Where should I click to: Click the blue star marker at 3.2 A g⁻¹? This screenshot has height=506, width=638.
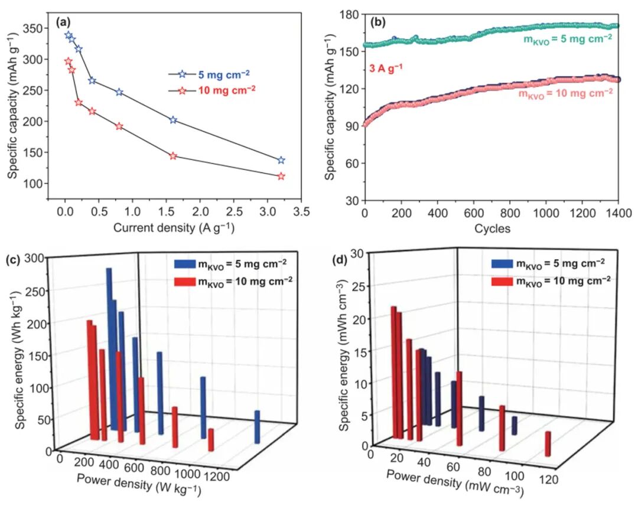[x=281, y=160]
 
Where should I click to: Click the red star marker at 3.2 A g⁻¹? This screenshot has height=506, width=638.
[x=281, y=176]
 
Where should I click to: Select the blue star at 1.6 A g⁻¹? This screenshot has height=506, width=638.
[x=173, y=120]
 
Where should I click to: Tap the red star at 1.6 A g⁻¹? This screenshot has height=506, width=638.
[x=173, y=156]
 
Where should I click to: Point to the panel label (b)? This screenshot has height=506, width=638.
[x=378, y=23]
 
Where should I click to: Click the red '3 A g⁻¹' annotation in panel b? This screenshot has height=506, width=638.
[x=386, y=68]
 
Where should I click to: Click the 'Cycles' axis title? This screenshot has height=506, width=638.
[x=491, y=228]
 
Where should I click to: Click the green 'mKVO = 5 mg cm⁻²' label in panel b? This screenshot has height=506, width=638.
[x=568, y=38]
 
